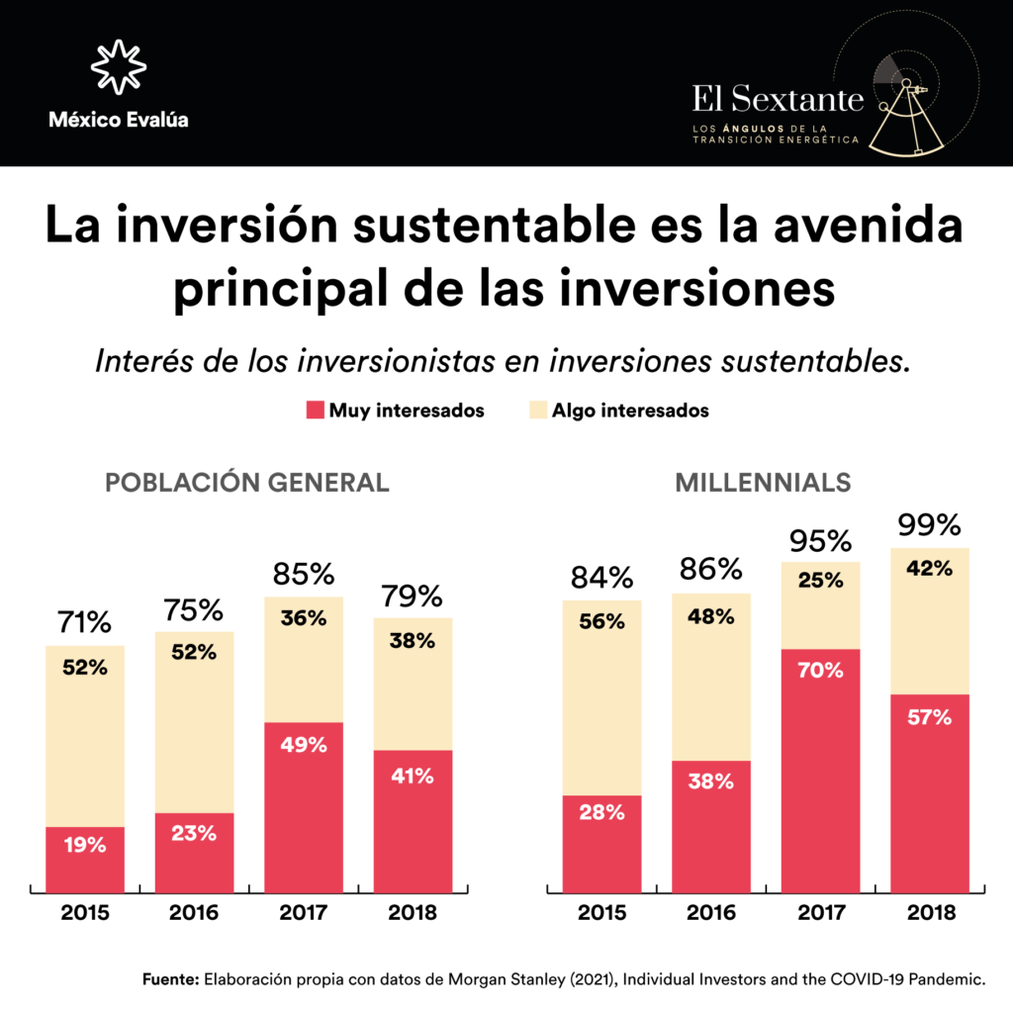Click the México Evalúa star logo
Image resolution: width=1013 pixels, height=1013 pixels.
(x=119, y=67)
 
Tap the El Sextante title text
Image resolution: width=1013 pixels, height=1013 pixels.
(x=778, y=98)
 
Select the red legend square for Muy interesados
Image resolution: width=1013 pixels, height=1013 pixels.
(x=316, y=410)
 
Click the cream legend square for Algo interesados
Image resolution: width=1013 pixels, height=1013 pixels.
(x=538, y=410)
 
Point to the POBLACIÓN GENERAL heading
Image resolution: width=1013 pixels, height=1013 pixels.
(x=247, y=483)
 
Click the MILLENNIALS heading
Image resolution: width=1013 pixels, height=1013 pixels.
(x=763, y=483)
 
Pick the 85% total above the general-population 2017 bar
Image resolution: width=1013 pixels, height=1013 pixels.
(x=303, y=575)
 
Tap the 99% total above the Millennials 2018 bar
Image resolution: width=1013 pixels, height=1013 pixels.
(x=929, y=525)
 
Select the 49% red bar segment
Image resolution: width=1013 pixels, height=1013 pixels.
(x=303, y=806)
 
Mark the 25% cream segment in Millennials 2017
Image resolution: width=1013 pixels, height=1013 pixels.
(x=820, y=605)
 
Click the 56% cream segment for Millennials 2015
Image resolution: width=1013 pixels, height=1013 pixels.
(x=601, y=697)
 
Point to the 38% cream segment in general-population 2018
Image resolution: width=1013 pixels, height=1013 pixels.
(x=412, y=684)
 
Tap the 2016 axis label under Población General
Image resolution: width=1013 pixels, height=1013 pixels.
(x=194, y=912)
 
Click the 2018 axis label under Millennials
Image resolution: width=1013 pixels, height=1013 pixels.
(x=929, y=912)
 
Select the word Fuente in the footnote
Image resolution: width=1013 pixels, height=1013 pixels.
(x=170, y=980)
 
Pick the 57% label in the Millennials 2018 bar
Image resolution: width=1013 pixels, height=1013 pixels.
(x=929, y=717)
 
